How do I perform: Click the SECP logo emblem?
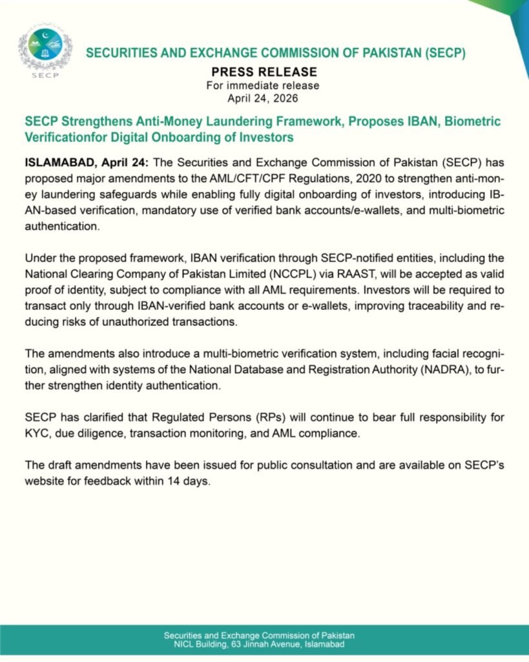(45, 48)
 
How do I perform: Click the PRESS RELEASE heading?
(264, 72)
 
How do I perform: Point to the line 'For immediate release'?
(264, 85)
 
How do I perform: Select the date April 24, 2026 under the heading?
(264, 98)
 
